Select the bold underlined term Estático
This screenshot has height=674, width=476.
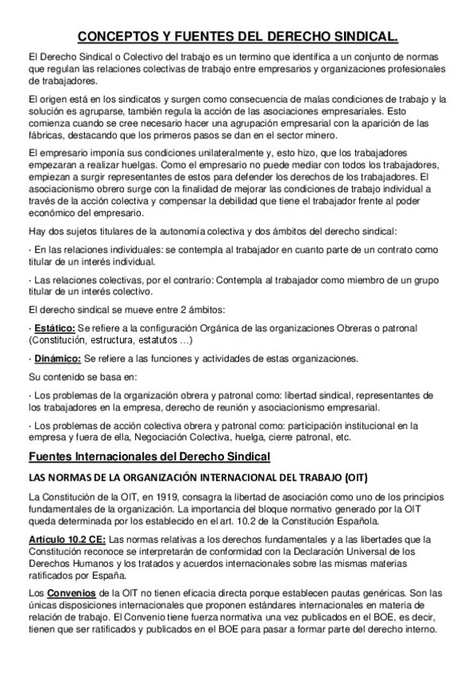tap(54, 328)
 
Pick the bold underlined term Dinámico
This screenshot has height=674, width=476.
tap(56, 357)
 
